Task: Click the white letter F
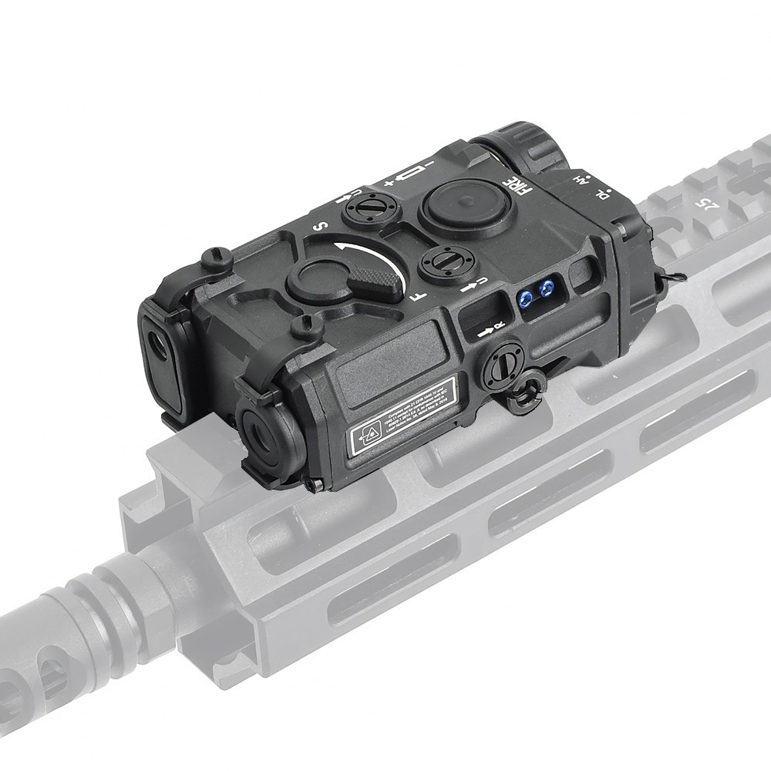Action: coord(415,295)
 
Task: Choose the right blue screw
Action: coord(547,288)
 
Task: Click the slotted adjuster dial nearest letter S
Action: coord(368,207)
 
